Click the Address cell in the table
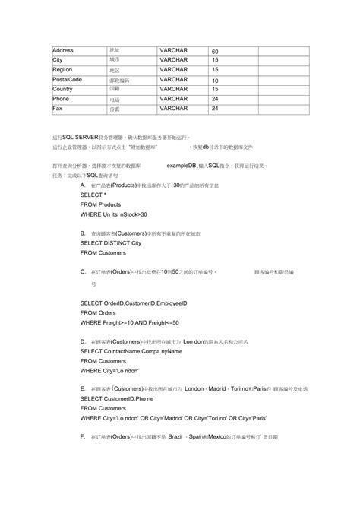pos(63,51)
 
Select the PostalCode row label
pos(67,79)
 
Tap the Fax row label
pos(57,108)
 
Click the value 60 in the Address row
pos(215,52)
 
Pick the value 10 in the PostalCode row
pos(215,80)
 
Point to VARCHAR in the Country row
pos(174,88)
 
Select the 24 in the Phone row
pos(215,99)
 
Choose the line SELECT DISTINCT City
pos(111,243)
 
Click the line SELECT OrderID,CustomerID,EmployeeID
pos(133,303)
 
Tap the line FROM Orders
pos(98,312)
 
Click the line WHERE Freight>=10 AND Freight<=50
pos(129,322)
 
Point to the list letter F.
pos(82,437)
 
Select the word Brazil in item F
pos(177,437)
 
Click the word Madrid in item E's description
pos(219,388)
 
